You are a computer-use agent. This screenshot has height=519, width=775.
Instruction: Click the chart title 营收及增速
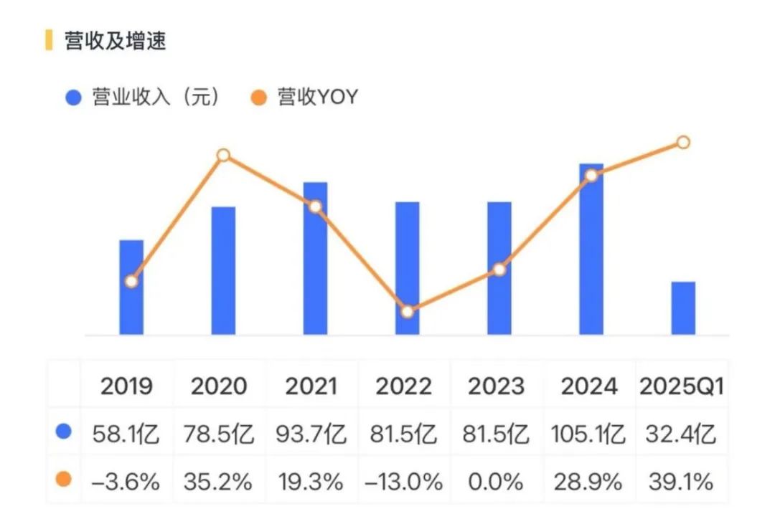(115, 41)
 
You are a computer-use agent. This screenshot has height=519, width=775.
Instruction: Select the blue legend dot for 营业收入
(73, 98)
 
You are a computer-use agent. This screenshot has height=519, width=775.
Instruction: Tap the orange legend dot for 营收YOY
(259, 98)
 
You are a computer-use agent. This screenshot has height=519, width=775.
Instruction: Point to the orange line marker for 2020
(223, 155)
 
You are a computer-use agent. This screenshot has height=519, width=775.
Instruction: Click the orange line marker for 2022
(407, 312)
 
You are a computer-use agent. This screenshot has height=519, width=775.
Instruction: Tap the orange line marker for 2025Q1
(683, 142)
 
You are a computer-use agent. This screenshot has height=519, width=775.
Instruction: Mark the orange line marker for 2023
(499, 270)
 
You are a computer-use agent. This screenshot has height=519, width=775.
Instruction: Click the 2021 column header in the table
(311, 386)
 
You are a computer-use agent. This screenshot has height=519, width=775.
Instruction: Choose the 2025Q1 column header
(681, 386)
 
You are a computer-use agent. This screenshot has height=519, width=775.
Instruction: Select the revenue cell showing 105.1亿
(588, 434)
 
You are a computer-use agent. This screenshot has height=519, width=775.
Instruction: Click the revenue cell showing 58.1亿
(127, 434)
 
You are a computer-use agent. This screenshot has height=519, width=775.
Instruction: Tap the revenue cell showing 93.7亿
(311, 434)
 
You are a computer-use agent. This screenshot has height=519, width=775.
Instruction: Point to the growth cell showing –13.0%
(403, 481)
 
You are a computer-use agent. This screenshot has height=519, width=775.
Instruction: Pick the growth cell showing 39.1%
(681, 481)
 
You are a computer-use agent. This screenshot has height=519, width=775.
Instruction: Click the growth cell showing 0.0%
(496, 481)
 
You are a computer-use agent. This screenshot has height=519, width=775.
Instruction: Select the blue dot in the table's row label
(65, 432)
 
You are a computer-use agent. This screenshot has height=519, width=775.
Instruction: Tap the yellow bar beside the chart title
(49, 40)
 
